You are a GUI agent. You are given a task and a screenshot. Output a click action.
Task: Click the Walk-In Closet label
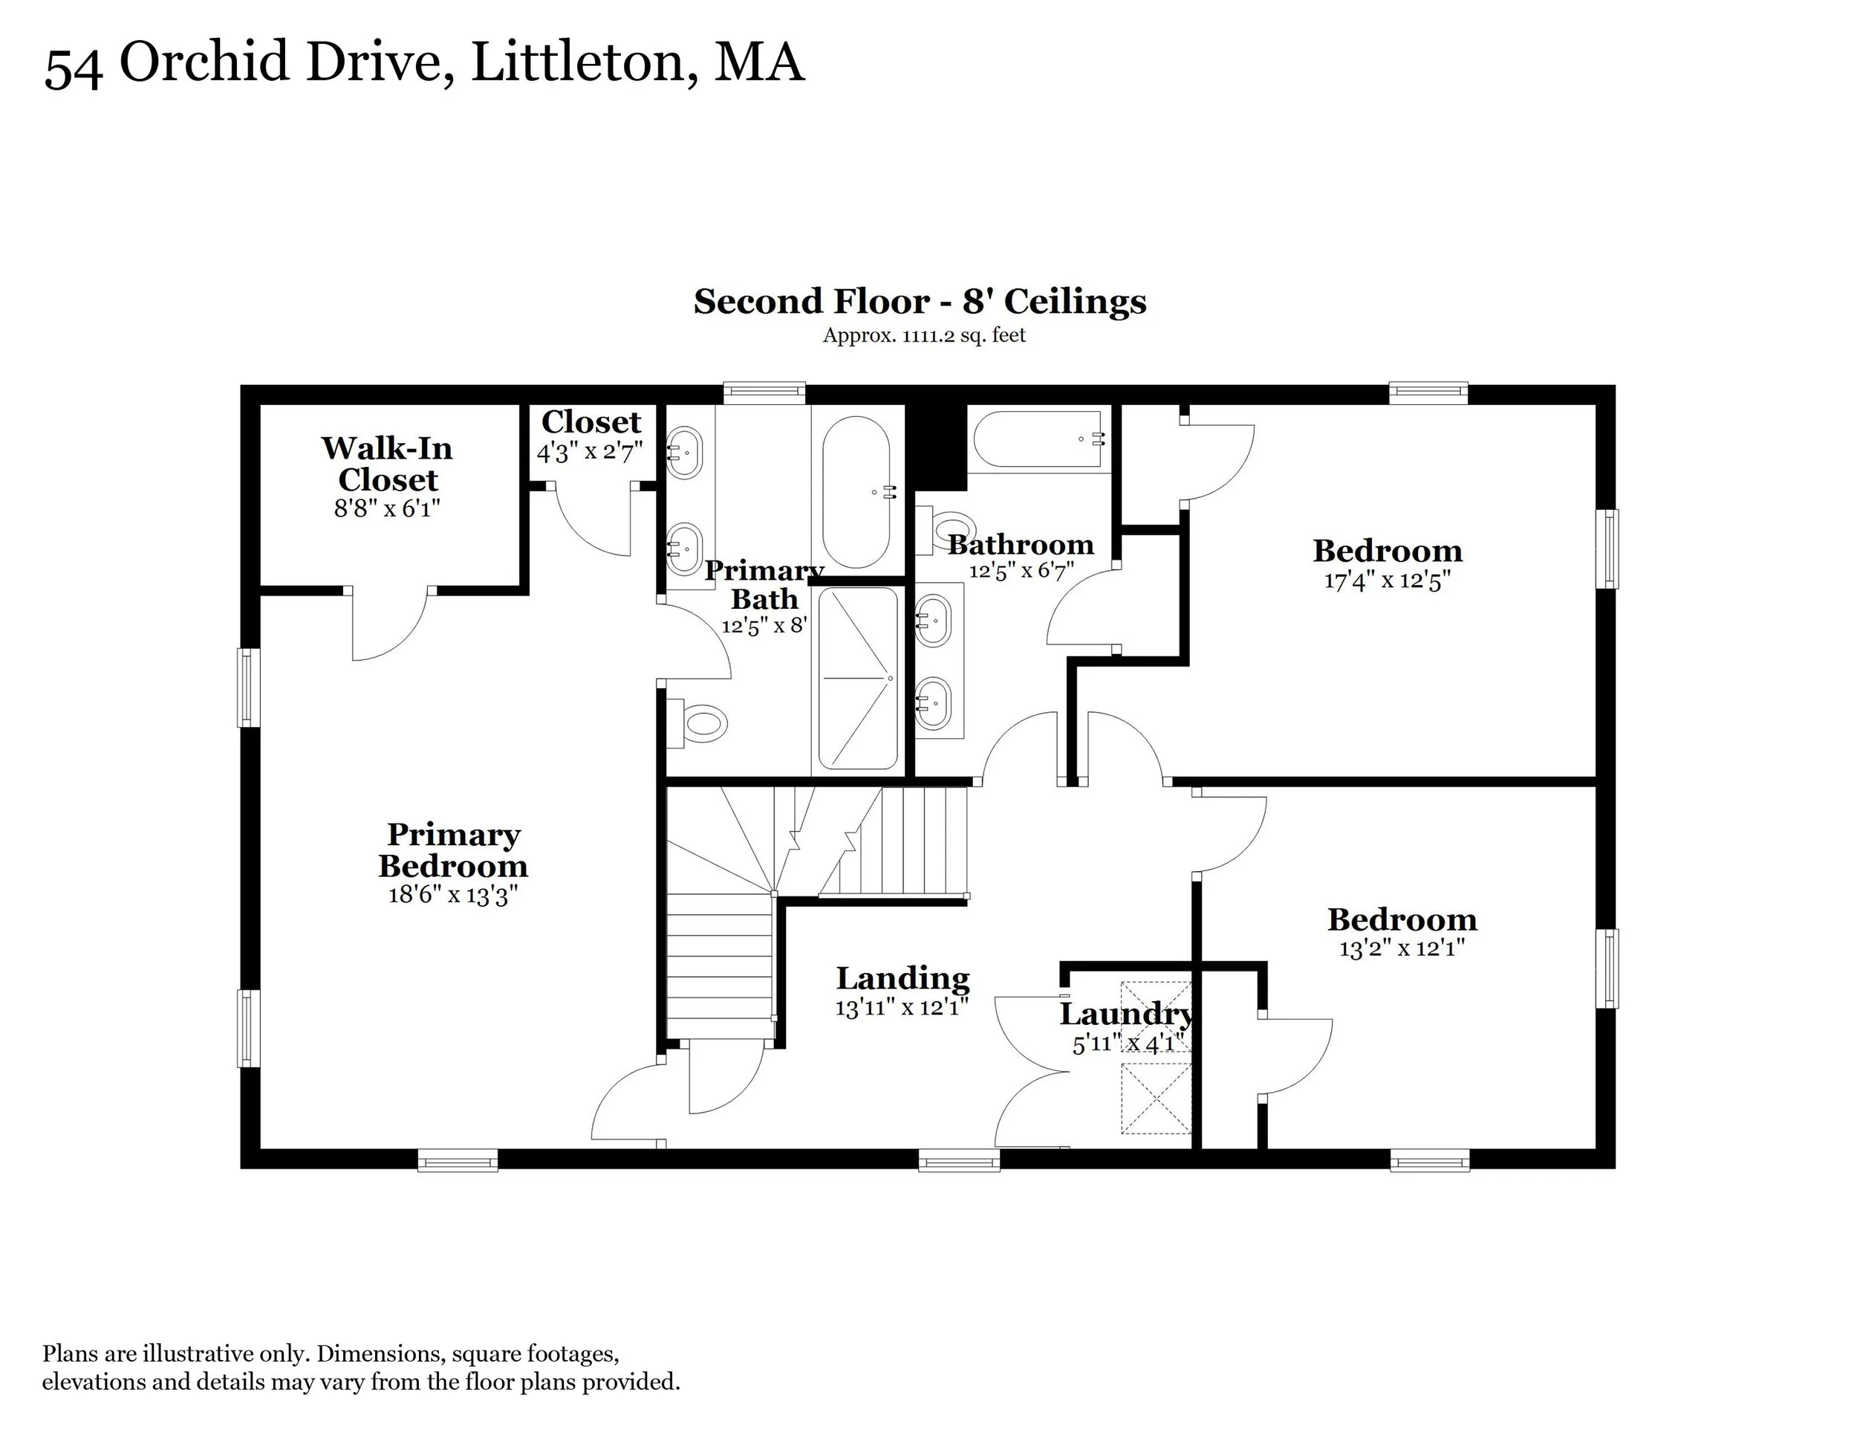pyautogui.click(x=387, y=464)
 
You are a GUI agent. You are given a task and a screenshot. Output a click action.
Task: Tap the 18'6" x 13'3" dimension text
pyautogui.click(x=453, y=895)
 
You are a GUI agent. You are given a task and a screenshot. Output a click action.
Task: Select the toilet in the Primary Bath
pyautogui.click(x=697, y=723)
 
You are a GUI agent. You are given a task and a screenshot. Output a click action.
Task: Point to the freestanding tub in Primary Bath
pyautogui.click(x=856, y=493)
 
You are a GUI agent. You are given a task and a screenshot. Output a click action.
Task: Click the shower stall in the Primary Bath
pyautogui.click(x=857, y=679)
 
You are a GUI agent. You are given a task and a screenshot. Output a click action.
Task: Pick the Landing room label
pyautogui.click(x=903, y=979)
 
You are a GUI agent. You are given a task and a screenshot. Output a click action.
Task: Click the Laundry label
pyautogui.click(x=1127, y=1014)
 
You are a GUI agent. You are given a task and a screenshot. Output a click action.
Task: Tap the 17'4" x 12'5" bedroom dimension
pyautogui.click(x=1387, y=581)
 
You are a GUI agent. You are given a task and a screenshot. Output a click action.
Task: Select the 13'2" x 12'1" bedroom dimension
pyautogui.click(x=1402, y=948)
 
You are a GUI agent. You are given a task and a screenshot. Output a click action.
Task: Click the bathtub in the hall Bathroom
pyautogui.click(x=1039, y=440)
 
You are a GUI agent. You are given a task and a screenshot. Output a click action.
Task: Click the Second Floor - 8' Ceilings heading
pyautogui.click(x=920, y=302)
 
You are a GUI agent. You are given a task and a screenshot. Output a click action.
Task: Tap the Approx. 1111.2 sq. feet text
pyautogui.click(x=924, y=335)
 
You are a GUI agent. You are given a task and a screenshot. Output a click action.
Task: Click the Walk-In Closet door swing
pyautogui.click(x=389, y=624)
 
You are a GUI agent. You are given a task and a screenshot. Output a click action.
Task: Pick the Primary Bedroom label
pyautogui.click(x=453, y=851)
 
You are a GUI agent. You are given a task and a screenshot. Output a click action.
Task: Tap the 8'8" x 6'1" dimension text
pyautogui.click(x=387, y=508)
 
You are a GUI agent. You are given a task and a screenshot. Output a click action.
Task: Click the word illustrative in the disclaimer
pyautogui.click(x=198, y=1353)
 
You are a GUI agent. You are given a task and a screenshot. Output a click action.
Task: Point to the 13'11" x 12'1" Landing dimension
pyautogui.click(x=903, y=1008)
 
